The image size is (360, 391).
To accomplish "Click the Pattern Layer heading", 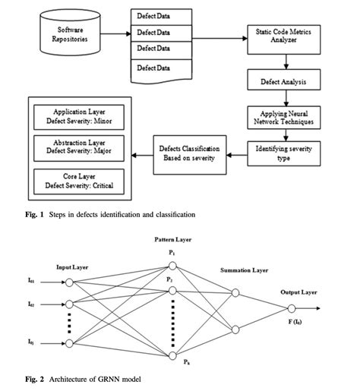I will pyautogui.click(x=174, y=239).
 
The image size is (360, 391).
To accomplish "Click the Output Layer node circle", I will pyautogui.click(x=291, y=309).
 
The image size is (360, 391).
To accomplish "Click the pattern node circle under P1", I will pyautogui.click(x=174, y=266).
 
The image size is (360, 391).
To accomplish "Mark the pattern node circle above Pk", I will pyautogui.click(x=174, y=355).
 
